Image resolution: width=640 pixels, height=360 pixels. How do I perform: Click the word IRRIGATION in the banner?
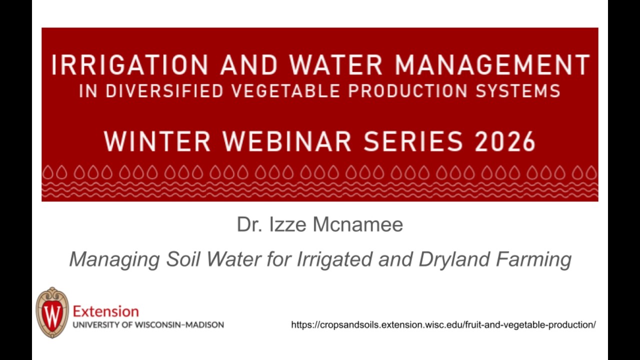tap(129, 65)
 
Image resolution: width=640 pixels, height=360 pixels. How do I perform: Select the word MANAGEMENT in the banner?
tap(492, 65)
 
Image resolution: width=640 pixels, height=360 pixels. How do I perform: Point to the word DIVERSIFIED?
tap(164, 91)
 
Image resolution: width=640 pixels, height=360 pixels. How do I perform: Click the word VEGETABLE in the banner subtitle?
tap(285, 91)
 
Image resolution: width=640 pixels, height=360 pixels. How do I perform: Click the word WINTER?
tap(157, 141)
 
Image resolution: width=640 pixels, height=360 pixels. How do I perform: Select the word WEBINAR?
tap(286, 141)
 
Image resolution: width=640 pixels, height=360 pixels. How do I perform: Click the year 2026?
tap(505, 141)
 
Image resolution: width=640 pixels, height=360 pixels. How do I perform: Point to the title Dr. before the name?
tap(249, 224)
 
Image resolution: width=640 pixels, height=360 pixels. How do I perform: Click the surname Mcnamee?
tap(358, 224)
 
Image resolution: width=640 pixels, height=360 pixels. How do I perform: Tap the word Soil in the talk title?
tap(183, 259)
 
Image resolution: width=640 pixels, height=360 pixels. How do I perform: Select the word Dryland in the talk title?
tap(454, 260)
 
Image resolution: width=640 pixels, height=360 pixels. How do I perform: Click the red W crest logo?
tap(52, 312)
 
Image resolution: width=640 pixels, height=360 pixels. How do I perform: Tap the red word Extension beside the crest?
tap(106, 311)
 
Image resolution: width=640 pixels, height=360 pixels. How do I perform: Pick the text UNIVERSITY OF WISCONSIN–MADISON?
tap(148, 325)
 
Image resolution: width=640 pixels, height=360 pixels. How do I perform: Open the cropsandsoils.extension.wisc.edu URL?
tap(443, 325)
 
